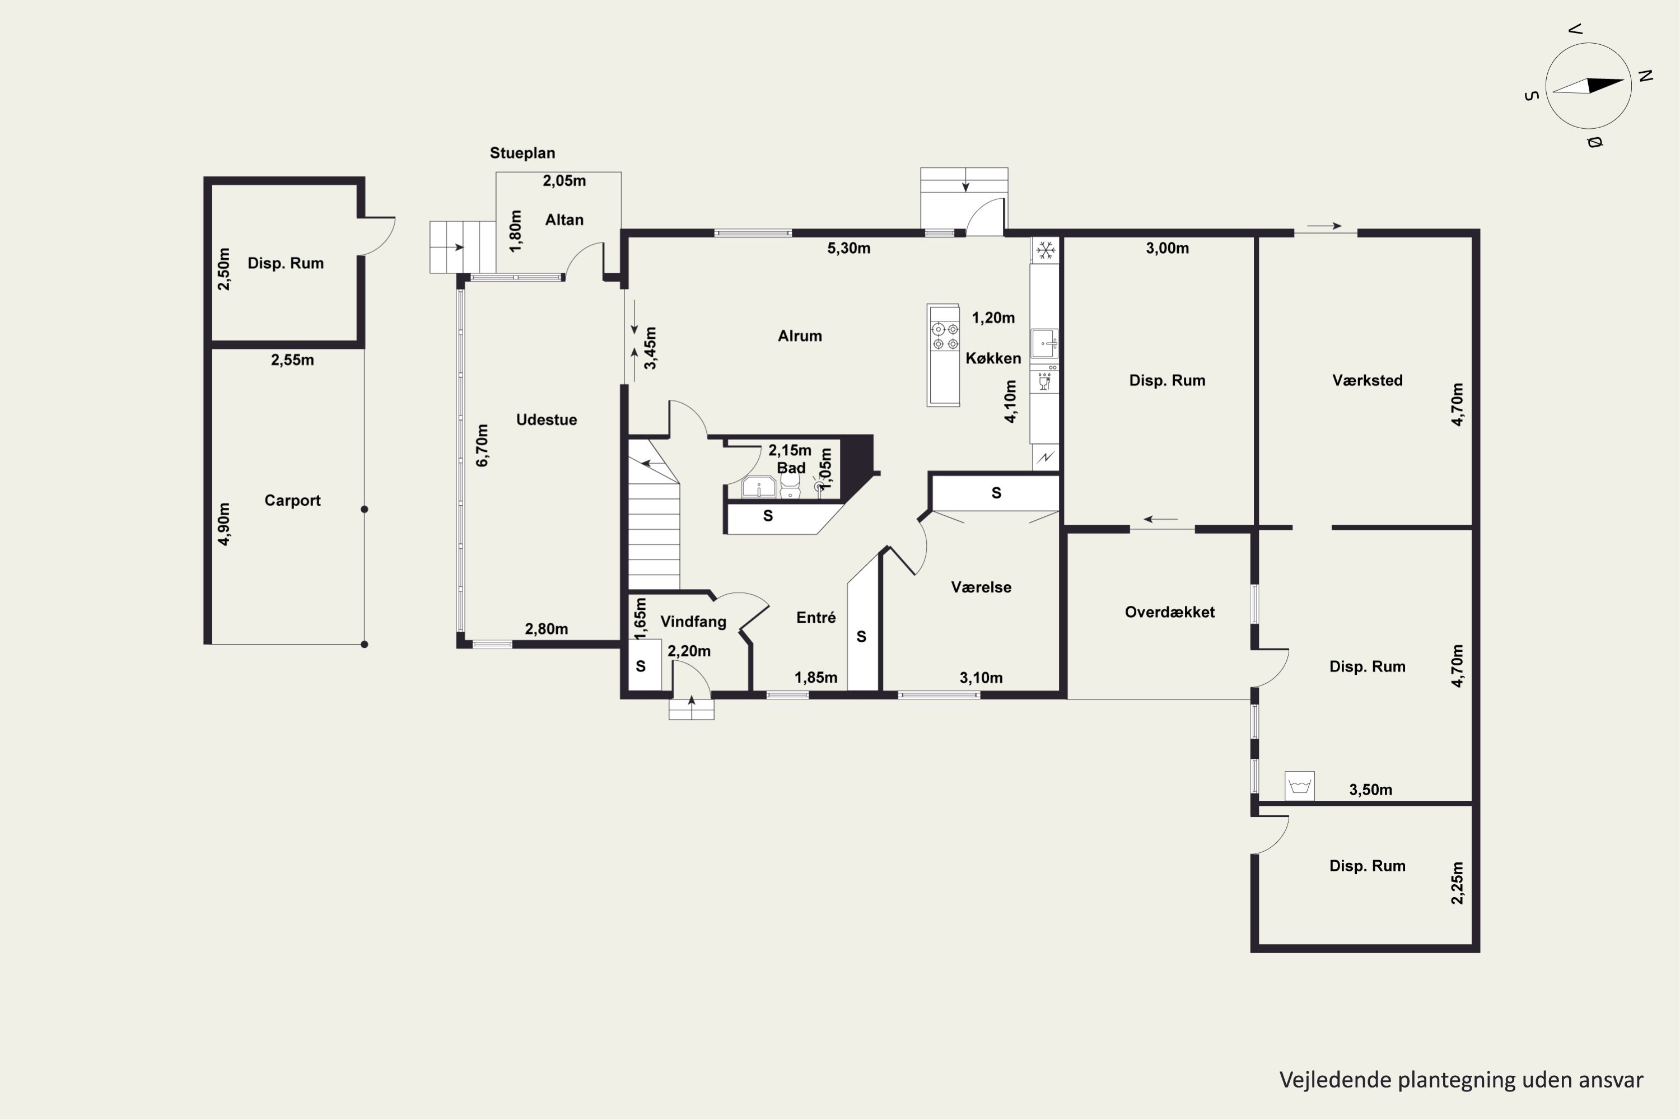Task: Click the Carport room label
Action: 292,501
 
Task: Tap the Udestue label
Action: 547,419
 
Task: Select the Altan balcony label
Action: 564,220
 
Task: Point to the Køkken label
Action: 993,358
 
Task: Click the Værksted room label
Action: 1367,380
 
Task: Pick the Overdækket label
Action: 1169,612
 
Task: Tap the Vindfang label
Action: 693,622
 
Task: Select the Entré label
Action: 816,617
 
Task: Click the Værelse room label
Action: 981,587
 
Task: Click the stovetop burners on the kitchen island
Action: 944,337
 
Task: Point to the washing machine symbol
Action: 1299,786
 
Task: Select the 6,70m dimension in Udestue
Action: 483,446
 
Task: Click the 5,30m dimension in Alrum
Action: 848,248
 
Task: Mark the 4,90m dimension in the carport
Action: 225,524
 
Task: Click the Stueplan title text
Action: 522,153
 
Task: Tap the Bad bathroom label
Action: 791,468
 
